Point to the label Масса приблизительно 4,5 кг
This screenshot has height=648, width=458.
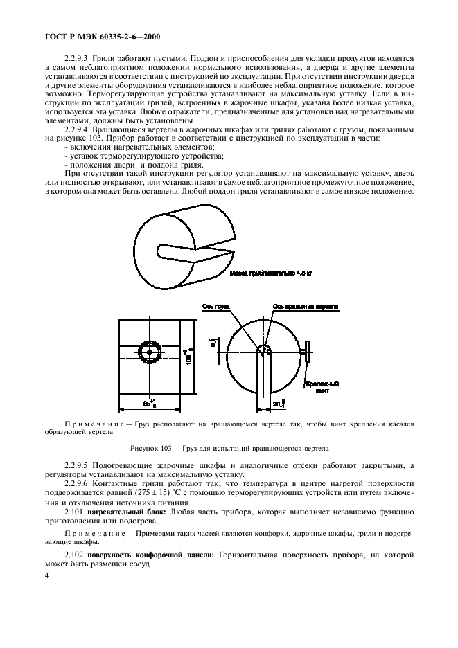click(x=271, y=273)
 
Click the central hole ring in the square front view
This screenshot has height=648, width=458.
click(x=148, y=352)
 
